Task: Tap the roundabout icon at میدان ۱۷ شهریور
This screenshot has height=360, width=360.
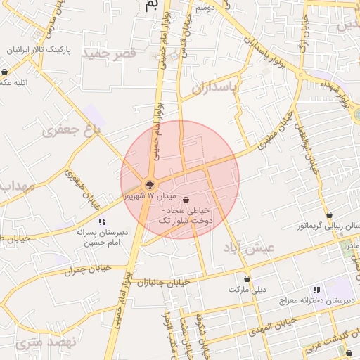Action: click(x=150, y=185)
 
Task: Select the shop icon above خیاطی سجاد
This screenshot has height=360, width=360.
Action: click(x=185, y=200)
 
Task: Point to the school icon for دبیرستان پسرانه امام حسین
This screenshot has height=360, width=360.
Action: click(x=102, y=222)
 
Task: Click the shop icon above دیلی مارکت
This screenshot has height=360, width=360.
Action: click(x=247, y=278)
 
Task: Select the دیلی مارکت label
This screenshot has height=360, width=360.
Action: click(x=247, y=289)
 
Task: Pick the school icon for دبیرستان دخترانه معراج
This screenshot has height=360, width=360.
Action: click(x=317, y=289)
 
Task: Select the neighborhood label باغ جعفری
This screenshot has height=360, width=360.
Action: click(x=72, y=130)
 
